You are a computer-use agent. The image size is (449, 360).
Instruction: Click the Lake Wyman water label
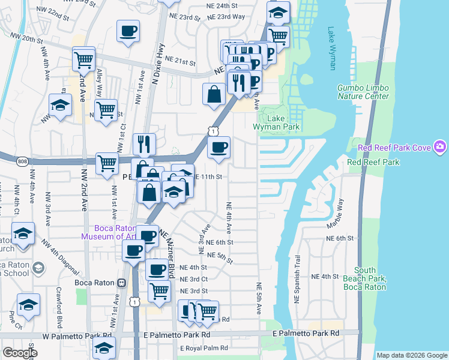332,49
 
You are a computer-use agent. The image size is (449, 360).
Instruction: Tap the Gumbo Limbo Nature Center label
363,92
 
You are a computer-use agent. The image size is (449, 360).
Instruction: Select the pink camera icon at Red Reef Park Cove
441,146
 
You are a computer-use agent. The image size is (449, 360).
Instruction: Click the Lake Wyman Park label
282,123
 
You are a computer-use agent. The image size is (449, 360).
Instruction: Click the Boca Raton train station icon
122,283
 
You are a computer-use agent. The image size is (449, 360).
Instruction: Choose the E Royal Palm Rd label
204,348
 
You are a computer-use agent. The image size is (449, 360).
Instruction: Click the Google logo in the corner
19,353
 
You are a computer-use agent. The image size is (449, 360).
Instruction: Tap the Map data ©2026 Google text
411,355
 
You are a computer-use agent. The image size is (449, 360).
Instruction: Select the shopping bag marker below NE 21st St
214,94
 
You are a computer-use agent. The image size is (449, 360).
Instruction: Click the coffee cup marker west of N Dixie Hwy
127,31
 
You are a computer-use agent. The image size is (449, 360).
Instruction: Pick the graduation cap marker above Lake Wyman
278,11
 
